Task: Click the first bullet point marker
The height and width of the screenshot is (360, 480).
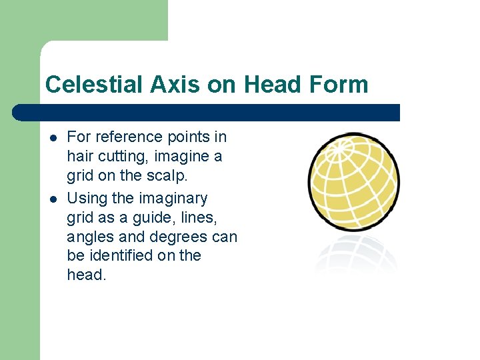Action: pos(52,137)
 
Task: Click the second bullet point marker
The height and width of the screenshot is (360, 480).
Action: pos(52,199)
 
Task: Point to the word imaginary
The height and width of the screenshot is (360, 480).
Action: pos(175,198)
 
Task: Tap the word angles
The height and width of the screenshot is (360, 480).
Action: pos(89,237)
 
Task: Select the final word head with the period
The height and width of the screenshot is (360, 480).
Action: pos(87,275)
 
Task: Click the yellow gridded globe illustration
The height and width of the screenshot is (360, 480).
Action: pos(353,181)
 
